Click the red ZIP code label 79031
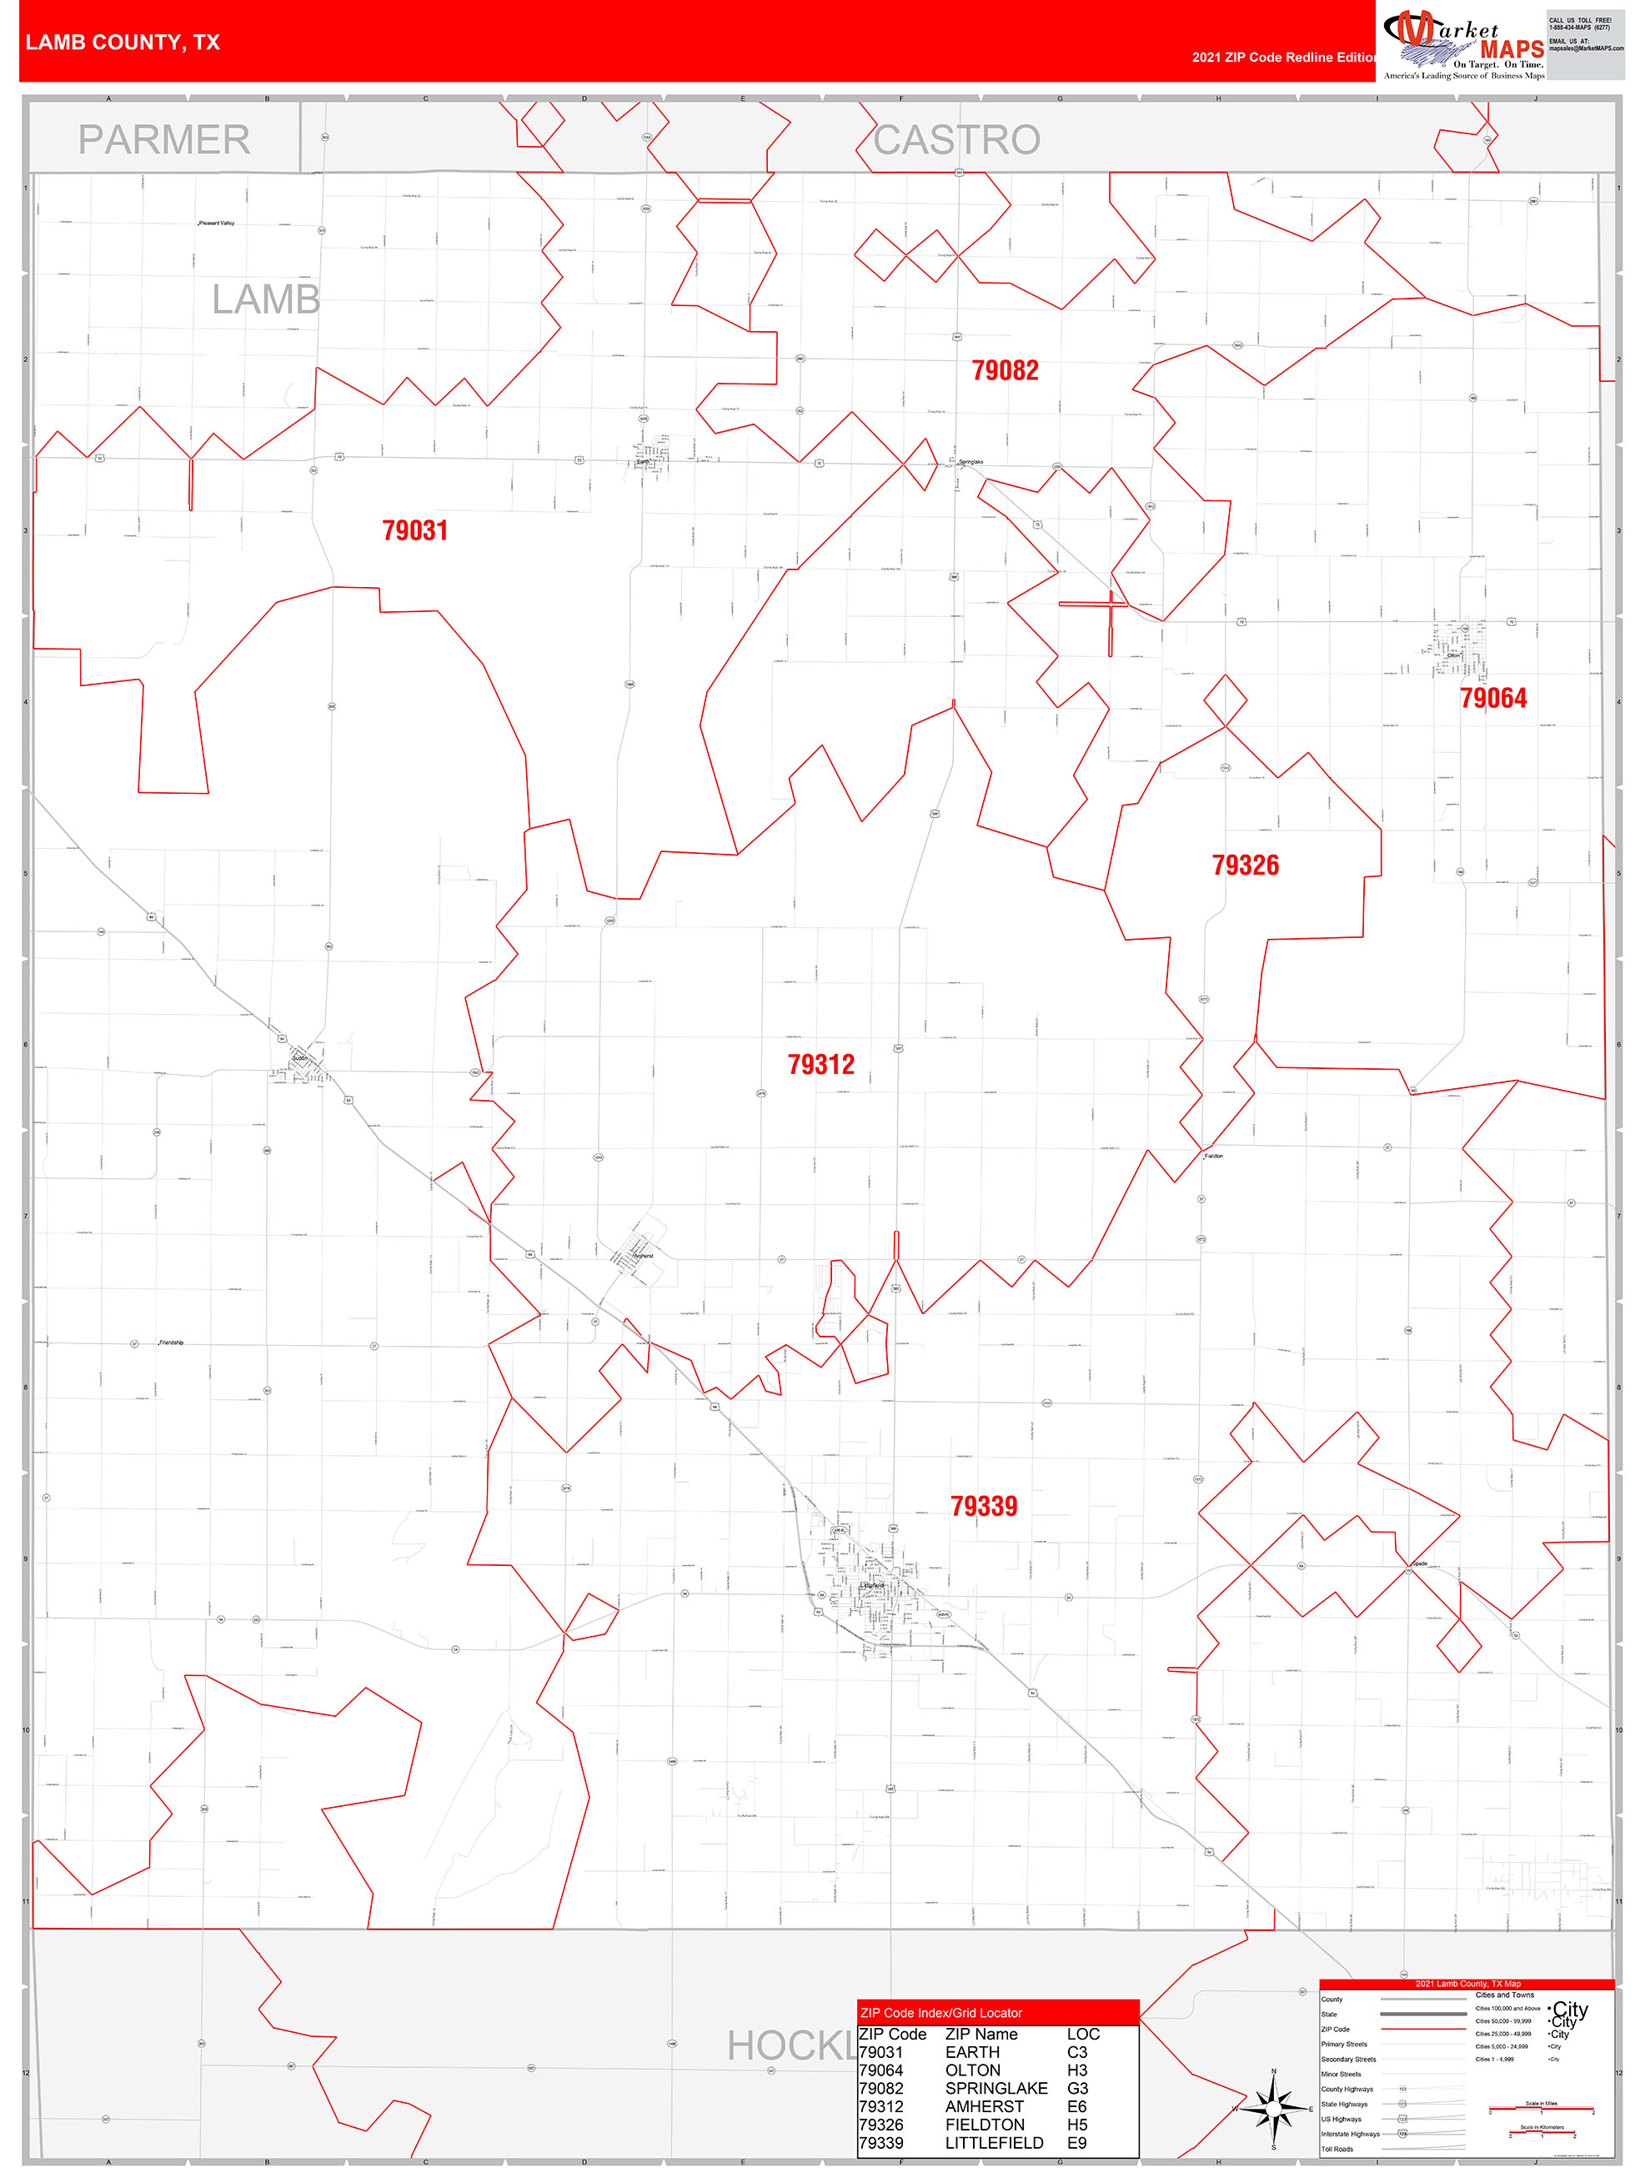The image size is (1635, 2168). click(x=414, y=530)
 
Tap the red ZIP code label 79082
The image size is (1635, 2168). click(x=1005, y=370)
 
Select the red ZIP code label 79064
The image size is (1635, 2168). click(x=1493, y=698)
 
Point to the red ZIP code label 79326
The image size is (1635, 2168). click(x=1245, y=865)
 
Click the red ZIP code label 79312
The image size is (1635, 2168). click(x=820, y=1064)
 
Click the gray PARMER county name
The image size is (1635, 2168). click(x=163, y=140)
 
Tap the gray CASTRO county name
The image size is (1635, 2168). click(x=956, y=140)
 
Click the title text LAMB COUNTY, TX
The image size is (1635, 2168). click(x=123, y=43)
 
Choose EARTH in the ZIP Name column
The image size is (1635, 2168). click(x=972, y=2052)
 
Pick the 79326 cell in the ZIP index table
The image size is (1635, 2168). click(x=880, y=2125)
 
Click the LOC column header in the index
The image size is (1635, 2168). click(x=1082, y=2035)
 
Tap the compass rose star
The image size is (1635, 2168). click(x=1272, y=2103)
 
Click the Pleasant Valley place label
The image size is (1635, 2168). click(x=217, y=223)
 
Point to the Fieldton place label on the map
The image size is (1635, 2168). click(x=1213, y=1157)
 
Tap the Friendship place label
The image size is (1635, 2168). click(x=171, y=1342)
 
